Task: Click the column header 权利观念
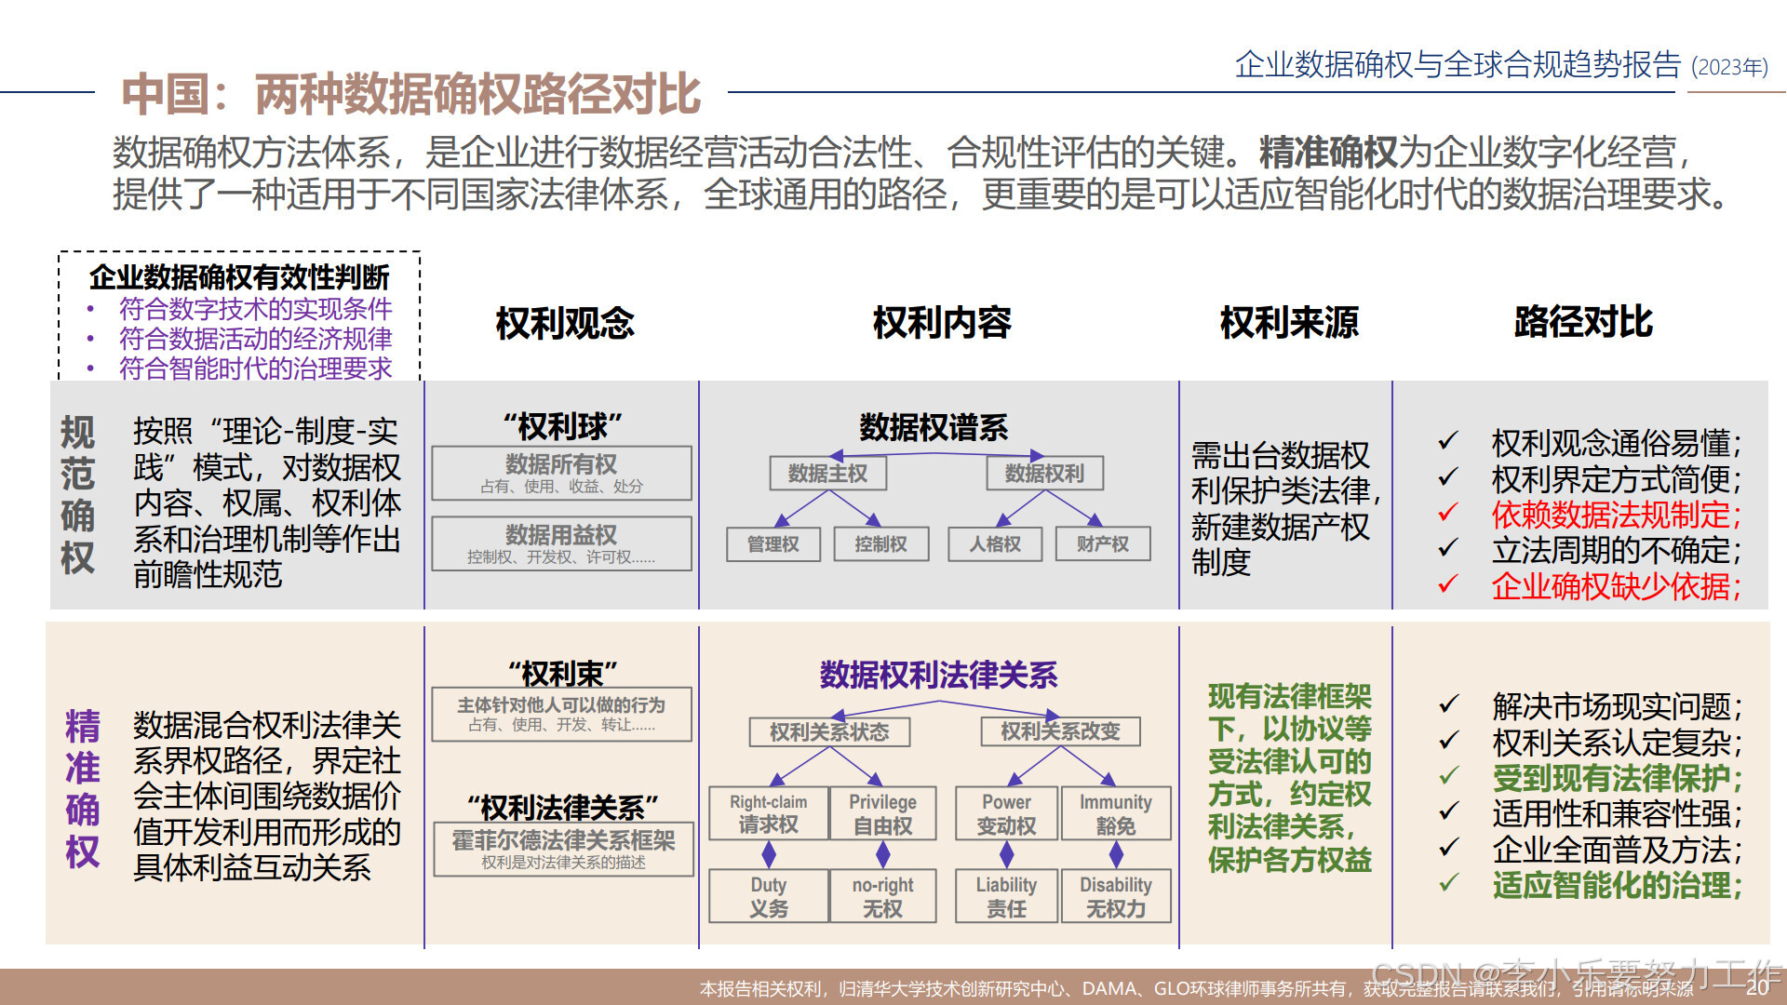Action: pos(564,323)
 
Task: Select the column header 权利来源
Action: pos(1289,322)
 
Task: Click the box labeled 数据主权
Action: pos(827,474)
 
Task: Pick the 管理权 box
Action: pos(773,544)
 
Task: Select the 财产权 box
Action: pos(1103,544)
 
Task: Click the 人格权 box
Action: pos(995,544)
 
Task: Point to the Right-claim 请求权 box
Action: pos(768,814)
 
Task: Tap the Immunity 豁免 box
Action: pos(1115,814)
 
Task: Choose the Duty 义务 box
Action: pos(768,897)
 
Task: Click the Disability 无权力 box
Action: pos(1115,897)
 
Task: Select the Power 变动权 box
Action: pos(1006,814)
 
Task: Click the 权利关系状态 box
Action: pos(829,732)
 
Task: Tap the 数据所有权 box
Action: pos(561,473)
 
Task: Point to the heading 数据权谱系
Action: pos(934,428)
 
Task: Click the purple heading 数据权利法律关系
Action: pos(938,675)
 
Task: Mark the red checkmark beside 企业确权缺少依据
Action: pos(1447,584)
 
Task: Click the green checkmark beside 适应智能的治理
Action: pos(1448,883)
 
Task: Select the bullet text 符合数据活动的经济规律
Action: pos(255,339)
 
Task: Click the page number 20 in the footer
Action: pos(1757,987)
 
